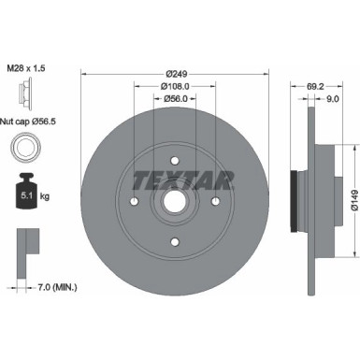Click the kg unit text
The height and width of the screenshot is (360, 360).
click(45, 197)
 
